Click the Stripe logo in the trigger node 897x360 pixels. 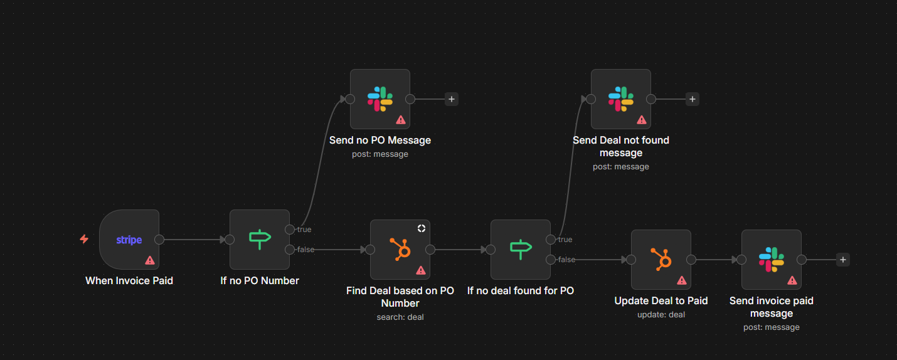tap(129, 240)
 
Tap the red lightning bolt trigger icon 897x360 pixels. tap(84, 239)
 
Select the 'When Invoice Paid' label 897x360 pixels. tap(129, 281)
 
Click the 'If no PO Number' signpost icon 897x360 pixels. tap(260, 239)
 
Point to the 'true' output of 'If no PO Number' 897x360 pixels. tap(290, 230)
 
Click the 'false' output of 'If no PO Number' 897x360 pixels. tap(290, 250)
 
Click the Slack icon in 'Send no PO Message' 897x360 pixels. tap(380, 98)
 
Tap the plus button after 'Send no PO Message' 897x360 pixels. tap(451, 99)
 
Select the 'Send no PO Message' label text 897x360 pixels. tap(380, 140)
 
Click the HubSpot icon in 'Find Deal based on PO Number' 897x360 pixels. tap(400, 249)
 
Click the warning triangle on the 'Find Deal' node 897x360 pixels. tap(420, 270)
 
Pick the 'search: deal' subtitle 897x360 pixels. tap(400, 317)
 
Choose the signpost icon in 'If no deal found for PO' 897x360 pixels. tap(521, 249)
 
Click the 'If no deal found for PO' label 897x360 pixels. tap(521, 291)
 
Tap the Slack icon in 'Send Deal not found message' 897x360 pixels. tap(621, 98)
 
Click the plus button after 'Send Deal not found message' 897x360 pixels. tap(692, 99)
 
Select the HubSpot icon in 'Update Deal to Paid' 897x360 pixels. tap(661, 259)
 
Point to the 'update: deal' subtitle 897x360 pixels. tap(661, 315)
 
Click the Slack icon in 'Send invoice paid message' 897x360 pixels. tap(772, 259)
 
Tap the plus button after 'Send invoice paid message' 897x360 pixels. tap(842, 260)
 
